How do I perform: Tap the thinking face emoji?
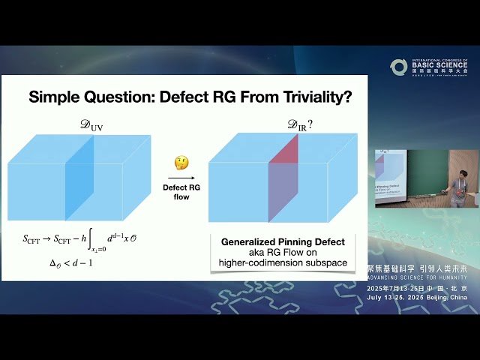181,163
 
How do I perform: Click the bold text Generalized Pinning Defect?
283,242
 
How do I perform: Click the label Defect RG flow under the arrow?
181,192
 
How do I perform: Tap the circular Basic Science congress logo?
399,67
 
